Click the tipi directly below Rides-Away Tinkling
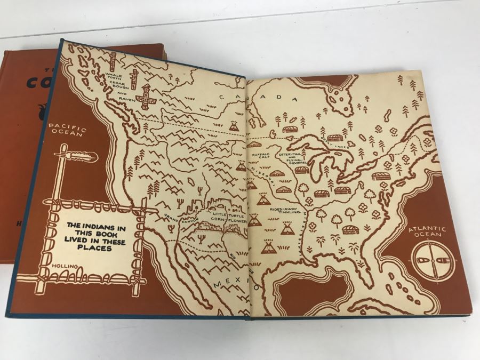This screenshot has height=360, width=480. click(287, 229)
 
